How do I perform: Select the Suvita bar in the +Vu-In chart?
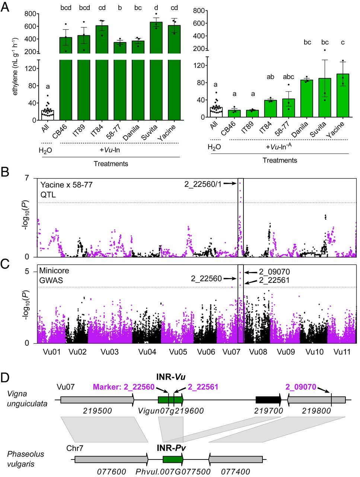click(x=156, y=89)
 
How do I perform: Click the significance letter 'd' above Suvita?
click(x=156, y=8)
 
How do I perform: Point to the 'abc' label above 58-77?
click(x=289, y=77)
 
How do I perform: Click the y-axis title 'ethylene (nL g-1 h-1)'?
click(x=15, y=66)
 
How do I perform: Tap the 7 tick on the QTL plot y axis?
click(x=27, y=178)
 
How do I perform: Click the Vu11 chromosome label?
click(x=342, y=352)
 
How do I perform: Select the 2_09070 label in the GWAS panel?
click(x=274, y=272)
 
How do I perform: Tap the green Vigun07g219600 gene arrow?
click(x=170, y=400)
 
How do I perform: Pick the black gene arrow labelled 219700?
click(x=268, y=400)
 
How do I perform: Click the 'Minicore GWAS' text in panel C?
click(x=54, y=275)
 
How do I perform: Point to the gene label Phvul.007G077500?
click(x=173, y=472)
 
